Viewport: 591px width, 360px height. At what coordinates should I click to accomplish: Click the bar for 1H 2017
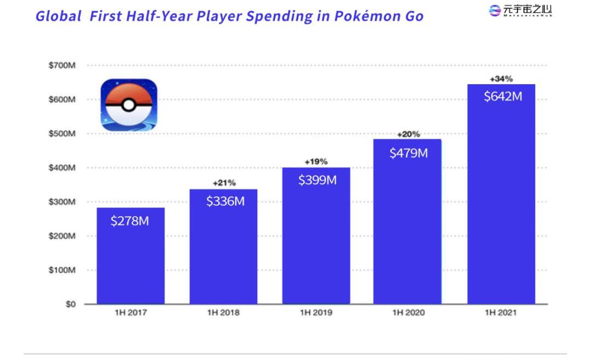130,256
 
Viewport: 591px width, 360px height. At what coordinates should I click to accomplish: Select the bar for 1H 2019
316,235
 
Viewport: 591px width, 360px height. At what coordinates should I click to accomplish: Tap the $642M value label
503,97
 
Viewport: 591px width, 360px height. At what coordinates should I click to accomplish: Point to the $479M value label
409,153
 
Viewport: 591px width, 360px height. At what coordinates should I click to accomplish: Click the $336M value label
225,201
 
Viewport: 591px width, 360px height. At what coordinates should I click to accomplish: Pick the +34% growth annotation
501,79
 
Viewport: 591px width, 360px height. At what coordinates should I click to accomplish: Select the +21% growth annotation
224,183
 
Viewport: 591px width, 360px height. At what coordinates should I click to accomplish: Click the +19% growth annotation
316,161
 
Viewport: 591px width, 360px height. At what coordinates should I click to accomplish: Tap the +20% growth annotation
408,134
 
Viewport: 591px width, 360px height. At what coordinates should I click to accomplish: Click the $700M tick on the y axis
62,66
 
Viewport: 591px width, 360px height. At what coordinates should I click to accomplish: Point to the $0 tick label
71,304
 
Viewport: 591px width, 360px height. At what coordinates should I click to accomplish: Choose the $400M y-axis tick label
62,168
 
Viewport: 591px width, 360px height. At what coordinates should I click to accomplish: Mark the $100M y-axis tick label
62,270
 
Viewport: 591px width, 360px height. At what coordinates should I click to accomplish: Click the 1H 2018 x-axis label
223,313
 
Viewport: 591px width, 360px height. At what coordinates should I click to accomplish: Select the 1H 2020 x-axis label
408,313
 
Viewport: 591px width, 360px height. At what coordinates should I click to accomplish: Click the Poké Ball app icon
129,105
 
